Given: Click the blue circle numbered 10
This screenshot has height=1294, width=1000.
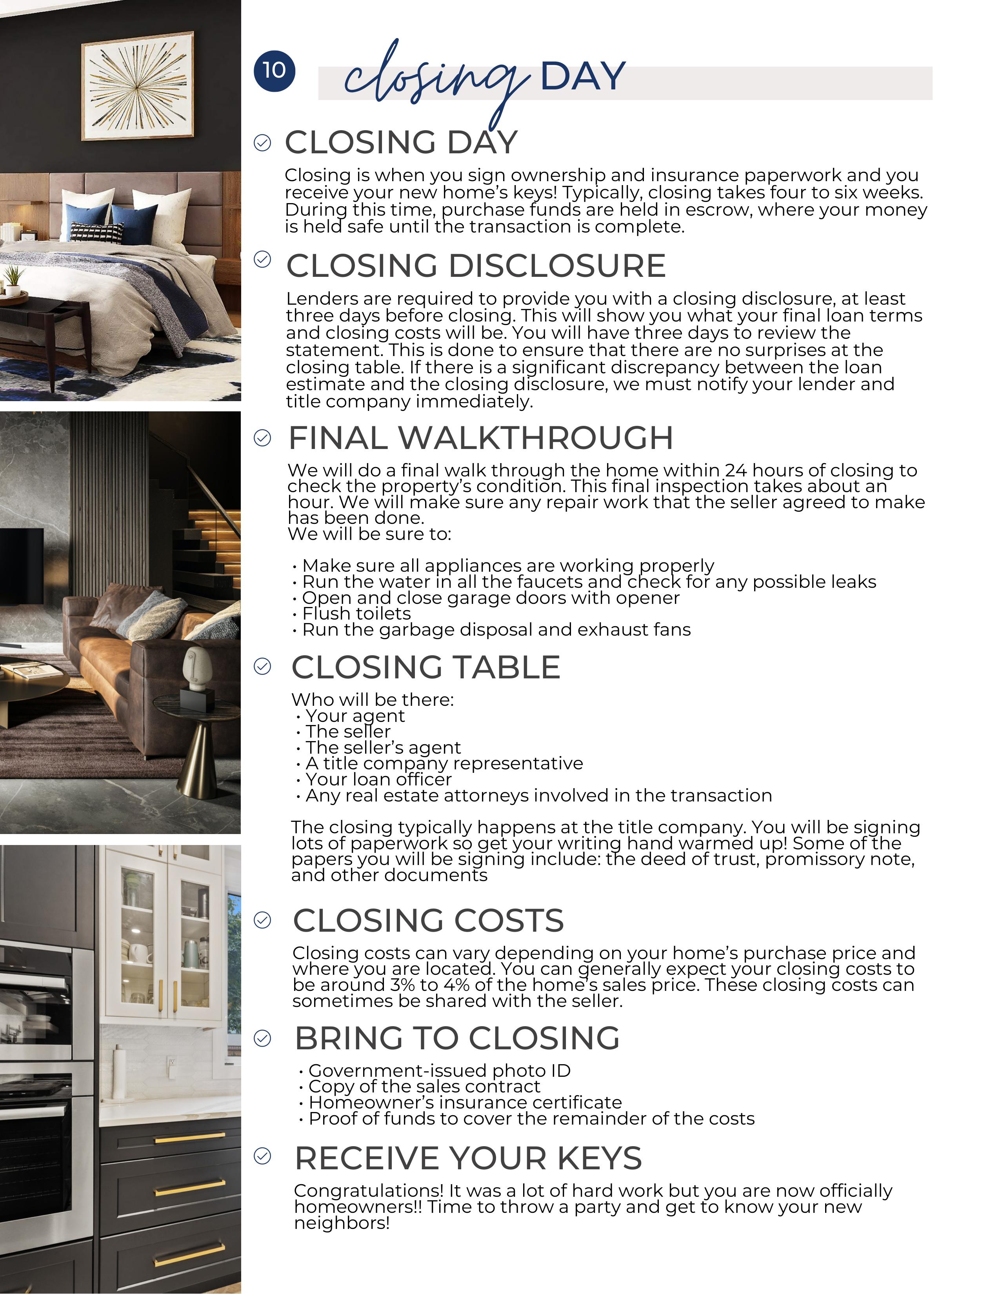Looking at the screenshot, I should coord(274,71).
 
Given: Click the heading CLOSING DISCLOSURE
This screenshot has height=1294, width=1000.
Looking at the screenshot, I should coord(476,265).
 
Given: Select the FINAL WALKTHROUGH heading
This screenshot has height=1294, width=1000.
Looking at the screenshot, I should coord(480,438).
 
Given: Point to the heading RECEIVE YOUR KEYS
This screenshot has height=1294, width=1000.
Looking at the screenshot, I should coord(468,1158).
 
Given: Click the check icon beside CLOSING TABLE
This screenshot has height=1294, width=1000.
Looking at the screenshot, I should coord(262,667).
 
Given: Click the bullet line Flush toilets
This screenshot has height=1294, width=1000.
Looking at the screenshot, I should coord(356,613).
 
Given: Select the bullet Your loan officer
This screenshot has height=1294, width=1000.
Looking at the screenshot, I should coord(378,779).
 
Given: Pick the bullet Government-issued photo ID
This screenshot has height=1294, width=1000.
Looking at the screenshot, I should coord(439,1070).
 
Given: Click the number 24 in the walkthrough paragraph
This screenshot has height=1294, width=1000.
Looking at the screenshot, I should coord(735,471).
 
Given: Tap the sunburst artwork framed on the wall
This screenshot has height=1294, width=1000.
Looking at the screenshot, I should coord(137,87).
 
